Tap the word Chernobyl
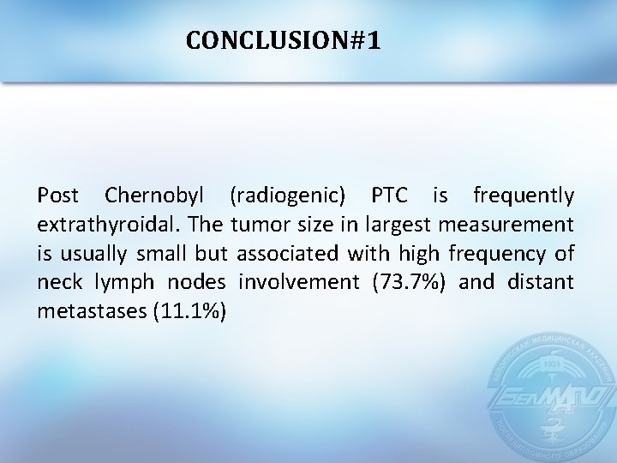coord(157,197)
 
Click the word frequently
coord(524,197)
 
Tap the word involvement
coord(288,282)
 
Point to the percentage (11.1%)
coord(189,310)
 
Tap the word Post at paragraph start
coord(57,197)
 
